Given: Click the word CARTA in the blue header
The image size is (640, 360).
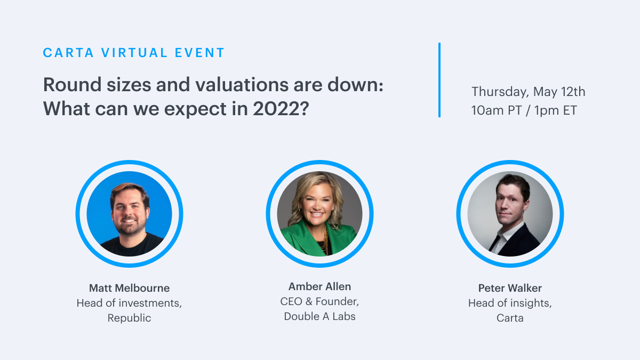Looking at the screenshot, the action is pyautogui.click(x=68, y=53).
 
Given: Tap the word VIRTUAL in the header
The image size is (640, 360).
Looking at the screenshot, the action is pyautogui.click(x=134, y=53).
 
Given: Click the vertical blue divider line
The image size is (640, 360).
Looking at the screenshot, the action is pyautogui.click(x=439, y=80).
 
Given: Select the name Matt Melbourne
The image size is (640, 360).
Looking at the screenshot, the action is pyautogui.click(x=130, y=288).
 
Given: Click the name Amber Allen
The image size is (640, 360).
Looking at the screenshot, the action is pyautogui.click(x=319, y=286).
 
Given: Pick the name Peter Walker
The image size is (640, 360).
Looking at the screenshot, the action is pyautogui.click(x=510, y=288).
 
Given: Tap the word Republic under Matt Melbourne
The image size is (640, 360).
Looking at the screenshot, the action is pyautogui.click(x=130, y=318).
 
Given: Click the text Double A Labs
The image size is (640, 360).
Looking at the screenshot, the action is pyautogui.click(x=319, y=316).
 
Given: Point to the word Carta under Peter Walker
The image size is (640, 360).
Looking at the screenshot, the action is pyautogui.click(x=510, y=318).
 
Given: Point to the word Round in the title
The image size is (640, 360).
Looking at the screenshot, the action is pyautogui.click(x=73, y=85).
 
